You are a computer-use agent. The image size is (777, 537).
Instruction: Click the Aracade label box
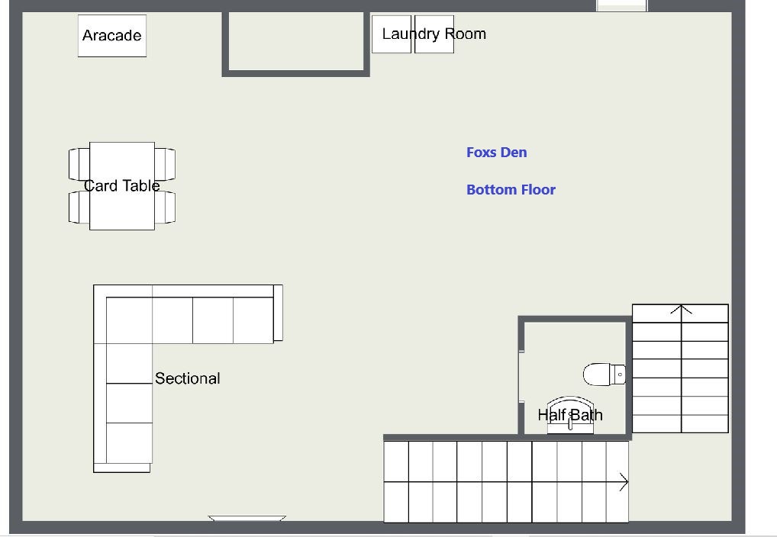(112, 36)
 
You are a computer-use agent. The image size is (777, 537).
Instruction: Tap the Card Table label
(122, 186)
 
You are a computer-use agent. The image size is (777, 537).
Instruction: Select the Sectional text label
(187, 378)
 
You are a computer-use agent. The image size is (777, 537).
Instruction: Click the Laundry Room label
(434, 34)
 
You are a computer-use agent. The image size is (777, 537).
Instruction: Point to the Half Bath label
(570, 415)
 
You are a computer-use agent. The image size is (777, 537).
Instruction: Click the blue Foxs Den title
(497, 152)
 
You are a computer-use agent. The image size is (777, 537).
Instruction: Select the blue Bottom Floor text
(511, 190)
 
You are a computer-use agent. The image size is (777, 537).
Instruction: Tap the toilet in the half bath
(605, 375)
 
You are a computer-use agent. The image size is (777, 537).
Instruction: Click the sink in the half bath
(570, 415)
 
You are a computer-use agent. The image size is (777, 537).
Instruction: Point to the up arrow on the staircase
(682, 311)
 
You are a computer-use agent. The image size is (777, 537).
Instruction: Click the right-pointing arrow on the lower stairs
(624, 481)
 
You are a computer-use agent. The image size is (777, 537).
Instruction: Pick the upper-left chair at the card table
(79, 164)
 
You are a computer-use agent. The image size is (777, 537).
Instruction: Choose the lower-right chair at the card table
(165, 207)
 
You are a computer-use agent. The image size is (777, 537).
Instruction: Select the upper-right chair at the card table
(165, 164)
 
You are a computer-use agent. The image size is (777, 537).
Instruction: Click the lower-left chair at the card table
(79, 207)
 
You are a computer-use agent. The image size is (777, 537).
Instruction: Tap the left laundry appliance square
(392, 34)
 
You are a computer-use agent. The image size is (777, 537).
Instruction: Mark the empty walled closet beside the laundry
(296, 42)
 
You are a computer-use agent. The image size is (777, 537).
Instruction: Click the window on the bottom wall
(247, 519)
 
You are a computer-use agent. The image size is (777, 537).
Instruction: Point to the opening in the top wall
(622, 5)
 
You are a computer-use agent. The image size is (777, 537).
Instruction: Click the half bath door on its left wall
(521, 378)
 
